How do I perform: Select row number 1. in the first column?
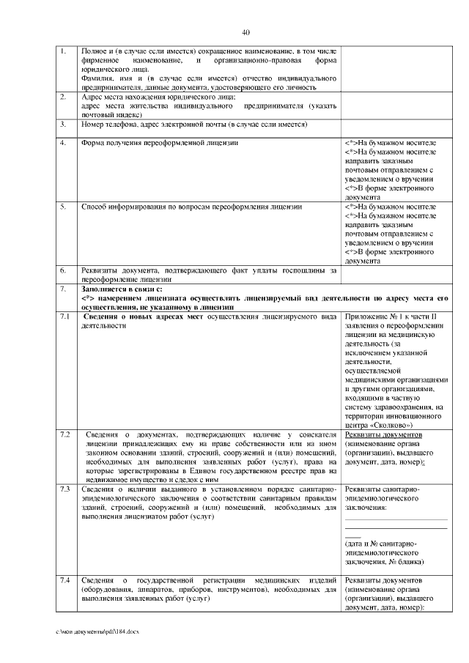pos(64,51)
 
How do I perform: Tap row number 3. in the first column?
pos(64,125)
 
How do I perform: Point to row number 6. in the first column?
pos(64,270)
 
